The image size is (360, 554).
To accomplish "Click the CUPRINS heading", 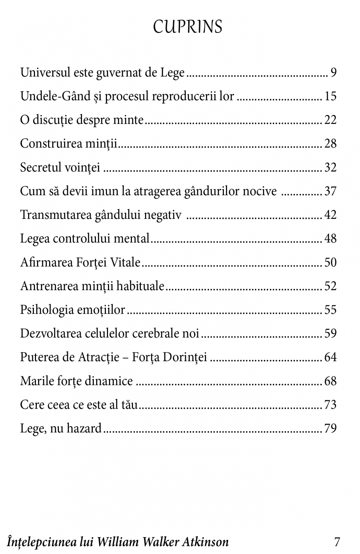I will (x=188, y=27).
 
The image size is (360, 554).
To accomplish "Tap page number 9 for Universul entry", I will (x=333, y=73).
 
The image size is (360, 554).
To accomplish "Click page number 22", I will (x=330, y=120).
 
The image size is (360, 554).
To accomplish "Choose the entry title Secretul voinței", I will (x=60, y=168).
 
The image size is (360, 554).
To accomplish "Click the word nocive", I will (x=260, y=191).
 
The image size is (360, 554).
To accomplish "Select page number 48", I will (x=330, y=239).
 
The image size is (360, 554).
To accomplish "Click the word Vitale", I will (x=125, y=262).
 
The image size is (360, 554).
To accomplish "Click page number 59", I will (x=330, y=333).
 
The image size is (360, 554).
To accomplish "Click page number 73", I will (x=330, y=405).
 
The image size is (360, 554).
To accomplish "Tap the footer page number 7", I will (x=337, y=542).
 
